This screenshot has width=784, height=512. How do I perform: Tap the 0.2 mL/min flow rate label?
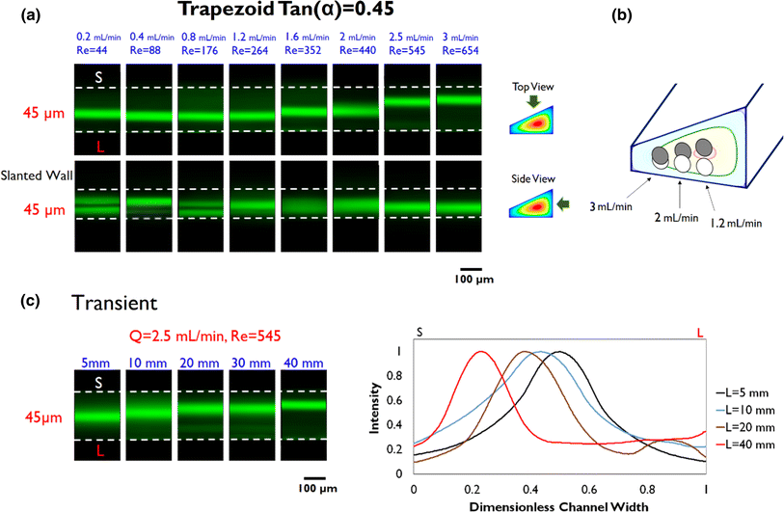pos(97,38)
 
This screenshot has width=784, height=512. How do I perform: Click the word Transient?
pos(113,302)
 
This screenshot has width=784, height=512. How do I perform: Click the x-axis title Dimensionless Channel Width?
pos(558,504)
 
